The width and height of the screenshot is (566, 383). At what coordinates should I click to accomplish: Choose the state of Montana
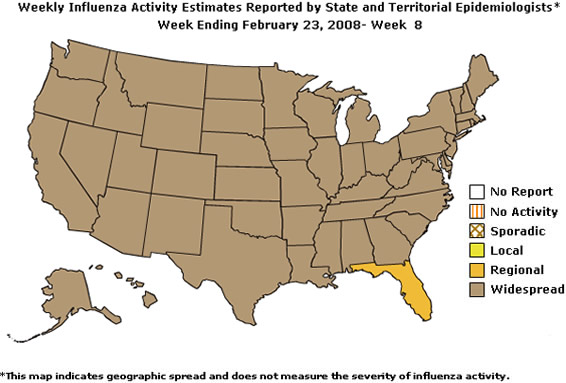[x=160, y=75]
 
